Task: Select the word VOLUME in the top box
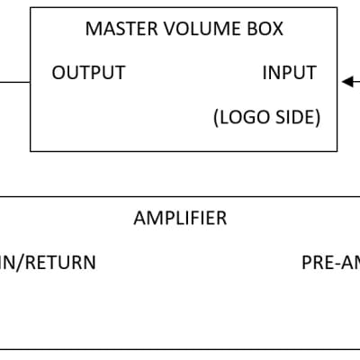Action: coord(193,28)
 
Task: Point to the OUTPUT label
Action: coord(88,73)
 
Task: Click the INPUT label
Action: coord(289,73)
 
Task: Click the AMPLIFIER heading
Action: coord(180,218)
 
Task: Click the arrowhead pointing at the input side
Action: coord(346,82)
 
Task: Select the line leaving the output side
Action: coord(14,82)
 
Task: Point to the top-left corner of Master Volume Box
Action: coord(31,9)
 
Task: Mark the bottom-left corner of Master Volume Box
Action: coord(31,150)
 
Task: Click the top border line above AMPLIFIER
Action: coord(180,196)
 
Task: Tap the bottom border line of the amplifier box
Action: coord(180,348)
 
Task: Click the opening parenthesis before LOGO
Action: coord(216,118)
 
